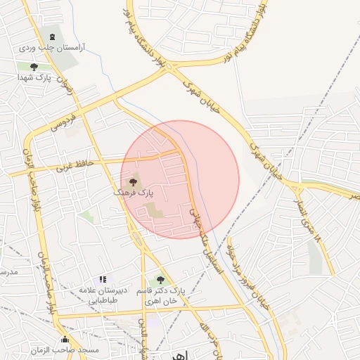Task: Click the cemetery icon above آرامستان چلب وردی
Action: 51,35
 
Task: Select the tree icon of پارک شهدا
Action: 34,67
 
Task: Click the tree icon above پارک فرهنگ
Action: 134,183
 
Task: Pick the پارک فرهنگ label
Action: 134,192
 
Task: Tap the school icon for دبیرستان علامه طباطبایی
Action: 103,280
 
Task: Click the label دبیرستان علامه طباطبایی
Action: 102,295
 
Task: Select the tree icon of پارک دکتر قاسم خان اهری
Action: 160,280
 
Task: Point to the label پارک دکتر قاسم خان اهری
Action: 162,295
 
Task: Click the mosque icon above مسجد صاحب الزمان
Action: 65,339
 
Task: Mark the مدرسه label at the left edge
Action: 7,271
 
